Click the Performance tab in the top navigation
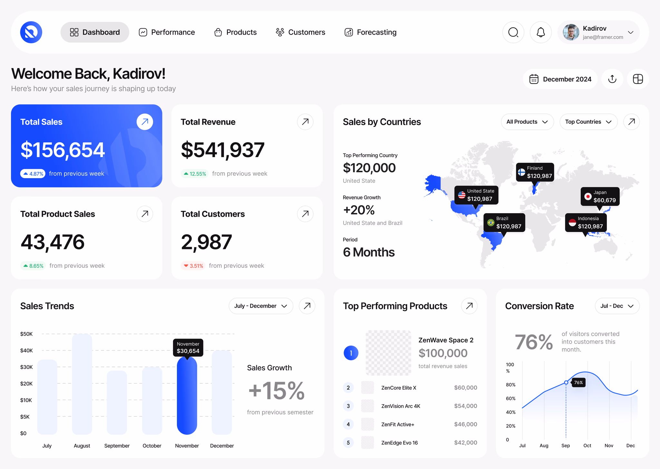click(167, 32)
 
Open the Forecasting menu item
click(371, 32)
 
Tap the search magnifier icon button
click(513, 32)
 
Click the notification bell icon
click(540, 32)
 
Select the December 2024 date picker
click(560, 79)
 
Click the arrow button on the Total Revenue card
click(305, 122)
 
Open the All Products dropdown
click(527, 122)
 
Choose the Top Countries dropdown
click(588, 122)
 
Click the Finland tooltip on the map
click(535, 172)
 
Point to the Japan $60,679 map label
click(600, 196)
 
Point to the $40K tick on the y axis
click(26, 350)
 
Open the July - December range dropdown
click(260, 306)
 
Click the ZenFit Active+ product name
click(398, 425)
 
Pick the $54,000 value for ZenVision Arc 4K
click(465, 406)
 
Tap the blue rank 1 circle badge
click(351, 353)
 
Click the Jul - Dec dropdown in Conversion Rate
click(617, 306)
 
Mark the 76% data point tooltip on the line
click(578, 383)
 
